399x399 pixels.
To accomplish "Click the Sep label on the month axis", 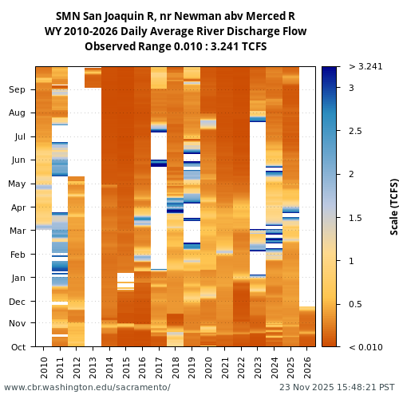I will tap(17, 90).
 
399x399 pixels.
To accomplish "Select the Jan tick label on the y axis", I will tap(18, 278).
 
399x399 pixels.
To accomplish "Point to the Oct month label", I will tap(18, 346).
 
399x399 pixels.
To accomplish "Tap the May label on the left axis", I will tap(17, 184).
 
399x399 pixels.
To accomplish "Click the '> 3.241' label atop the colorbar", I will tap(359, 66).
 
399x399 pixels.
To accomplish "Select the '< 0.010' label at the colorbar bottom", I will tap(359, 346).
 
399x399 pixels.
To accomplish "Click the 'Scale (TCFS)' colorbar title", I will tap(394, 206).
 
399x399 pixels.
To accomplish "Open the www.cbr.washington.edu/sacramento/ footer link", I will tap(87, 387).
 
